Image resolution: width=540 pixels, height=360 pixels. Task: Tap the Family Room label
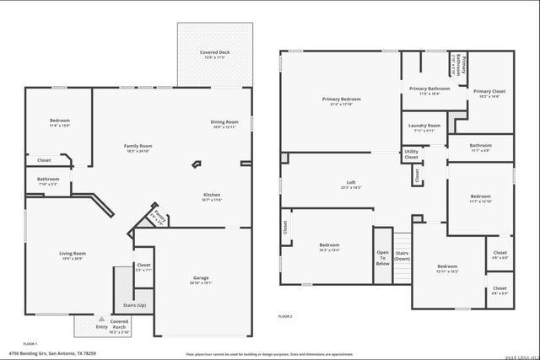[138, 148]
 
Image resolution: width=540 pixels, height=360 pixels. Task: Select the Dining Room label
[224, 124]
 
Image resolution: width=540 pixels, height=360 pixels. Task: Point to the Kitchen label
[212, 196]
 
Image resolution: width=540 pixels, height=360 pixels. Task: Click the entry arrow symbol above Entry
[101, 320]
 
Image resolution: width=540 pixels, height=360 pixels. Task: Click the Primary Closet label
[486, 94]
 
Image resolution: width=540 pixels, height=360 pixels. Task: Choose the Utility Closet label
[411, 154]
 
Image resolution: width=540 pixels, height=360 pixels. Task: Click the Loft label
[351, 185]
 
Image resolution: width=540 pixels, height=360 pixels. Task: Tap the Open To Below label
[382, 257]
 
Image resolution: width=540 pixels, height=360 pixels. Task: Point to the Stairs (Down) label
[402, 255]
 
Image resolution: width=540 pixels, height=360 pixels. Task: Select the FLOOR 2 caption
[285, 316]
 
